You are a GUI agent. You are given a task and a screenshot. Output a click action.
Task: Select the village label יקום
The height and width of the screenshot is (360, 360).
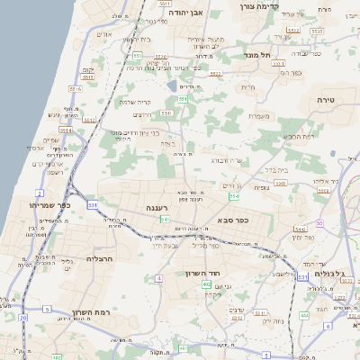coord(87,70)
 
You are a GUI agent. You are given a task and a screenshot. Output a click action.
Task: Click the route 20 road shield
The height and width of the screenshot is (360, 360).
coord(22,318)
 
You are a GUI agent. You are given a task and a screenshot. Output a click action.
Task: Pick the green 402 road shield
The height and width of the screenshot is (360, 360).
coord(207,285)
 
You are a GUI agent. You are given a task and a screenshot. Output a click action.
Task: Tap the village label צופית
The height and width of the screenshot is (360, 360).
coord(261,188)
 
